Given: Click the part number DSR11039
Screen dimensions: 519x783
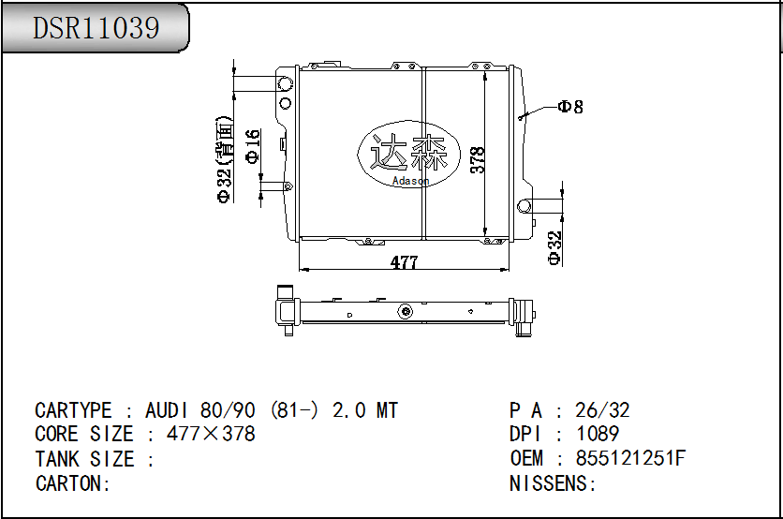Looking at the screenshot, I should (96, 27).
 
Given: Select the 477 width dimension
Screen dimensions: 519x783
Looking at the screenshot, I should (404, 262).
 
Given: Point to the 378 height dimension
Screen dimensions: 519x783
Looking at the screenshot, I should (477, 160).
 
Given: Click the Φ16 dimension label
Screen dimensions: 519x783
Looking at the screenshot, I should (253, 146).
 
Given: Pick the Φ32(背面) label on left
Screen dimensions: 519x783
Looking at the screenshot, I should (223, 160).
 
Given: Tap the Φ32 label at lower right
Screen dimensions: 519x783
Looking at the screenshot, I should (554, 247).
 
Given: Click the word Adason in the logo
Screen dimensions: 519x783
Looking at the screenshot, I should (410, 181).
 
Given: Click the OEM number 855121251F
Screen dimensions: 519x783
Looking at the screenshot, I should (630, 458).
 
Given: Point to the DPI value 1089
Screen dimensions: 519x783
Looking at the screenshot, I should (598, 434).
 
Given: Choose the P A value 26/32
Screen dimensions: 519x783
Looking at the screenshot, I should (603, 409).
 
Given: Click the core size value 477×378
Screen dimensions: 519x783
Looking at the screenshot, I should (211, 434).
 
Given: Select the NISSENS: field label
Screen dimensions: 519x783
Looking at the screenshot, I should (553, 482).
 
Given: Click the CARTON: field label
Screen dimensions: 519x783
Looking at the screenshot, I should (73, 482).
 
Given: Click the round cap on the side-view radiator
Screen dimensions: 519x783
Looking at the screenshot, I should (405, 311).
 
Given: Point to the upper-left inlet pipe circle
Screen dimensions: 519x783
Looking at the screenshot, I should (286, 85).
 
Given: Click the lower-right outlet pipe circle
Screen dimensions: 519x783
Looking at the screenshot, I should (524, 204).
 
